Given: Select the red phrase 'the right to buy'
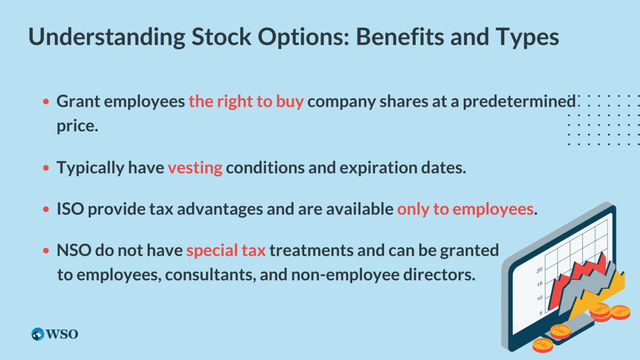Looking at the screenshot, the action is click(x=246, y=102).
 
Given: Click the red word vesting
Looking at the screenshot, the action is click(x=195, y=168).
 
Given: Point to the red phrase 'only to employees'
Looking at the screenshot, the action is click(x=465, y=209).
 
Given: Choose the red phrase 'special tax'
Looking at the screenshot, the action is click(x=226, y=250).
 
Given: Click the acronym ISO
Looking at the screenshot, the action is click(x=70, y=209).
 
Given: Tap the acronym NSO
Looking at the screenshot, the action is click(x=74, y=250).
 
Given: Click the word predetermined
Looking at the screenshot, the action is click(x=519, y=102).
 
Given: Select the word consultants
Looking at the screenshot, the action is click(x=210, y=275).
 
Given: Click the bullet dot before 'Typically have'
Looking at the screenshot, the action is click(x=46, y=168).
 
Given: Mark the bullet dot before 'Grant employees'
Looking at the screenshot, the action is click(x=46, y=101).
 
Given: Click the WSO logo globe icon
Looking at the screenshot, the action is click(x=38, y=334).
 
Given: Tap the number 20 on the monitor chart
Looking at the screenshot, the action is click(x=540, y=270).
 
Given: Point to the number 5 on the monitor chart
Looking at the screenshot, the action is click(x=541, y=313).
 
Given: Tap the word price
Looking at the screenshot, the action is click(x=77, y=126).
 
